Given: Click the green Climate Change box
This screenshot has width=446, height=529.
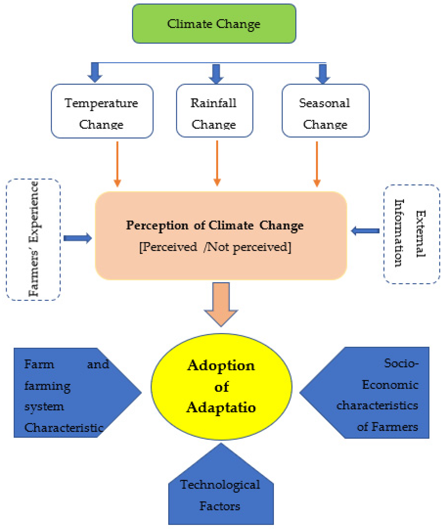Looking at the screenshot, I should click(x=214, y=23).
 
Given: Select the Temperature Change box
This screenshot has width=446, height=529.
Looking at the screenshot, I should click(x=102, y=111).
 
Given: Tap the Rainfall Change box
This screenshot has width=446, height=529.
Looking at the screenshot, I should click(x=214, y=111).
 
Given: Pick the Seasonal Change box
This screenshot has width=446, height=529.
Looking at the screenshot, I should click(x=325, y=111).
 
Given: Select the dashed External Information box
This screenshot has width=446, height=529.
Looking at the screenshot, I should click(x=411, y=234).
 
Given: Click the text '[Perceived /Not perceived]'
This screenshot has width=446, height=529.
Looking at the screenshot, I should click(x=215, y=247).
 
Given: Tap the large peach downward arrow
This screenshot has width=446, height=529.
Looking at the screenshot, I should click(x=221, y=303).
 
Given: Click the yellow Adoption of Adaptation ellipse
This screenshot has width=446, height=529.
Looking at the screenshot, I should click(x=221, y=387).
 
